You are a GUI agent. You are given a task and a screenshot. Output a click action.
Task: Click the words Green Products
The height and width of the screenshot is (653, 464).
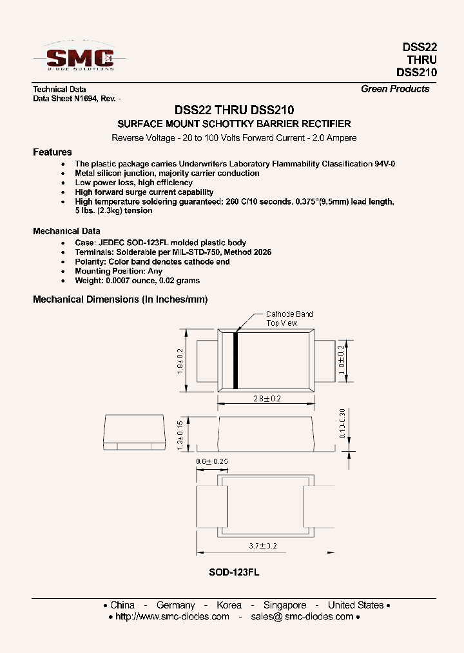coord(394,89)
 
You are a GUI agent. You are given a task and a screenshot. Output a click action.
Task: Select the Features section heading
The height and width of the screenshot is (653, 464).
coord(52,152)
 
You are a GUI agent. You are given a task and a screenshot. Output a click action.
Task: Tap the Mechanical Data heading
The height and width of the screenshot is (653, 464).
coord(66,231)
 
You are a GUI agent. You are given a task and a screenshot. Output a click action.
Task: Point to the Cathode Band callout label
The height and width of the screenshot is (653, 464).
coord(289,314)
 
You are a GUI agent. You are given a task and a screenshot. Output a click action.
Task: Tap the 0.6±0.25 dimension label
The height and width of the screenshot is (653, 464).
coord(212,461)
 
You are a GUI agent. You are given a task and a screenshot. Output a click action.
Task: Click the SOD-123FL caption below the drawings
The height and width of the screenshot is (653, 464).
coord(234,572)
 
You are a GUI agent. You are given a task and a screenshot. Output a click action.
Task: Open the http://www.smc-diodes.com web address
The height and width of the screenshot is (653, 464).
coord(171,617)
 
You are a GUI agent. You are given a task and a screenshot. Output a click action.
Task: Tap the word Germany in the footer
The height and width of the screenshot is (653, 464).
coord(175,605)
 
